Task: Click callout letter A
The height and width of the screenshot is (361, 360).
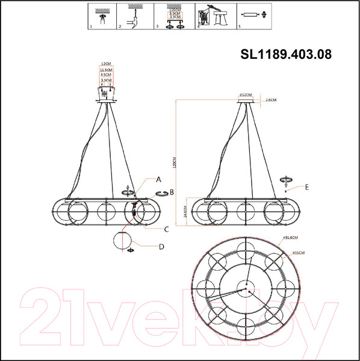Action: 159,179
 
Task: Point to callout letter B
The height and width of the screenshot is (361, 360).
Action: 172,192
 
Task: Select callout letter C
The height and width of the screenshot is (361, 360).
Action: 166,229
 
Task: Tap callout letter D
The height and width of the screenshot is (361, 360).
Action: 161,246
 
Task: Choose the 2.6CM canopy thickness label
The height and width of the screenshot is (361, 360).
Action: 270,100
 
